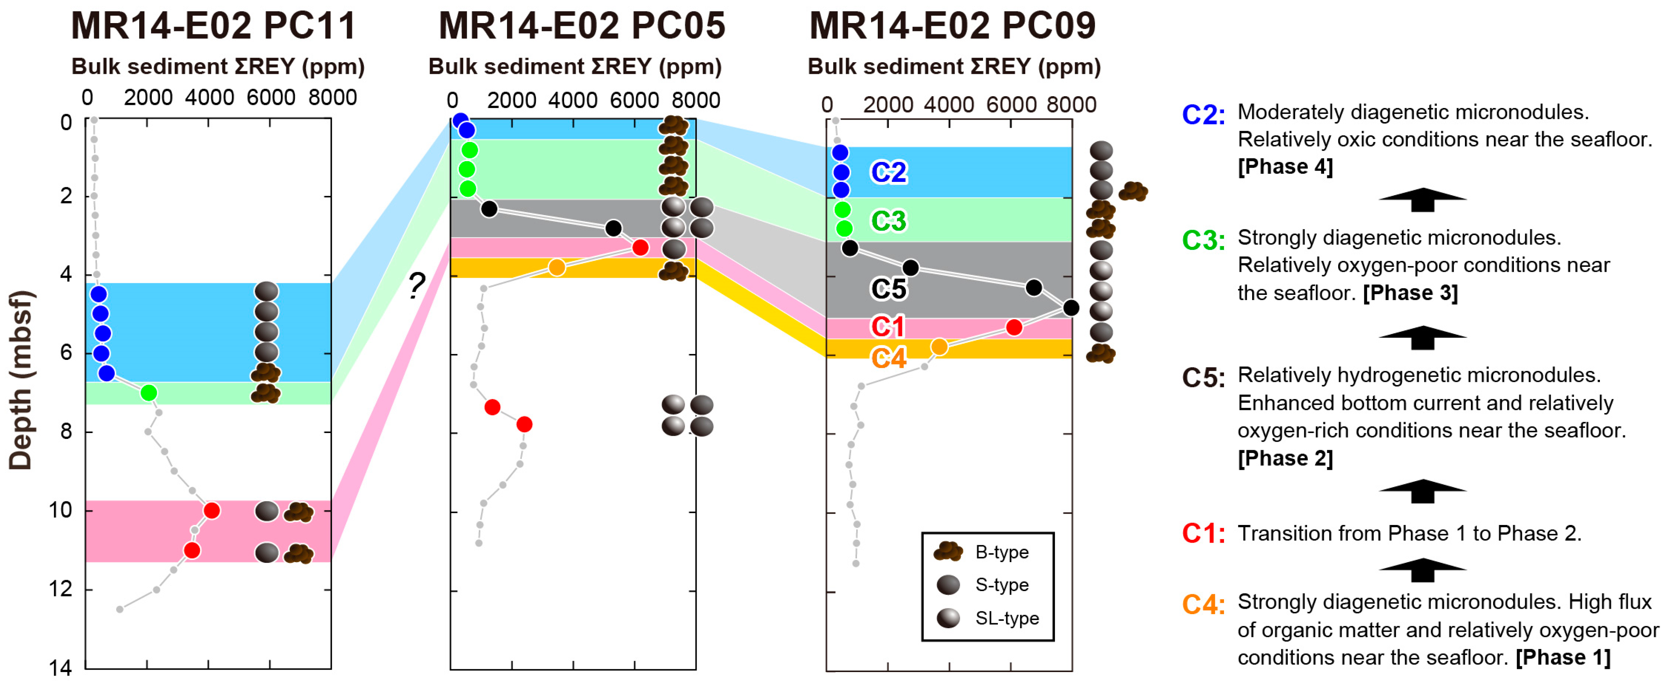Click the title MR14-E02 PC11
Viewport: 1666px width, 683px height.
tap(214, 26)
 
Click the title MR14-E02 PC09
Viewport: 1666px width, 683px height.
tap(952, 26)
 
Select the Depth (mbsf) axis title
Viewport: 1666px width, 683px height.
tap(21, 380)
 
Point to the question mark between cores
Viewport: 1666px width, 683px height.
tap(417, 285)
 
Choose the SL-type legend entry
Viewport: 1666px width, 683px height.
tap(1006, 618)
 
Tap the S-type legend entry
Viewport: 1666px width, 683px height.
tap(1001, 585)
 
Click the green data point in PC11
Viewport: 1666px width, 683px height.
tap(149, 393)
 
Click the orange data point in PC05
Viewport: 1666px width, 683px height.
tap(557, 267)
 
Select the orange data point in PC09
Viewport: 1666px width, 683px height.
tap(939, 347)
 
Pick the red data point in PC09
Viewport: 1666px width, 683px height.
tap(1014, 327)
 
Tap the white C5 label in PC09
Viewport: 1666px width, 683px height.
tap(889, 289)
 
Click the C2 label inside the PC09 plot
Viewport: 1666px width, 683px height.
tap(889, 172)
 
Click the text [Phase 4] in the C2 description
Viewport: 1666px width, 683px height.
tap(1285, 167)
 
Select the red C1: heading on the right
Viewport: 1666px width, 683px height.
tap(1203, 534)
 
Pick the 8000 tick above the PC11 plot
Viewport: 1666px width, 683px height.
tap(332, 98)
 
